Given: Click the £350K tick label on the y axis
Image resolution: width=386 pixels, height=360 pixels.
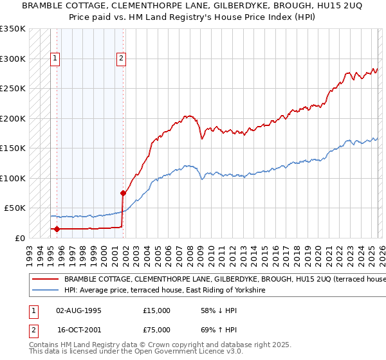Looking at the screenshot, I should coord(12,29).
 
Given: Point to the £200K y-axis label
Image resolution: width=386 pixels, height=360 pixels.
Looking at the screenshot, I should coord(12,118).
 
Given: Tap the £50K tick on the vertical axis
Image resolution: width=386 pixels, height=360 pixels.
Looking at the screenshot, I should coord(15,208).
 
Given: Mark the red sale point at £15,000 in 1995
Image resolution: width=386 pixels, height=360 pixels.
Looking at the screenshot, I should coord(57,229).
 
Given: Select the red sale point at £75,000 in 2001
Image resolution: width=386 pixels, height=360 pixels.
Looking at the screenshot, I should coord(122,193).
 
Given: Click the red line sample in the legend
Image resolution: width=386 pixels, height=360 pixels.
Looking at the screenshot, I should coord(45,280).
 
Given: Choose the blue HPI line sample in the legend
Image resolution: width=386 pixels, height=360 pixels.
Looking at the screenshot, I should coord(45,291).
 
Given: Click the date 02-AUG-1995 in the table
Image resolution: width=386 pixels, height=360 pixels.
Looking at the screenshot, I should coord(78,310).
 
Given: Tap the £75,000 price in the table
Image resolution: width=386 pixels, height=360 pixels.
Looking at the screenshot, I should coord(156,330).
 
